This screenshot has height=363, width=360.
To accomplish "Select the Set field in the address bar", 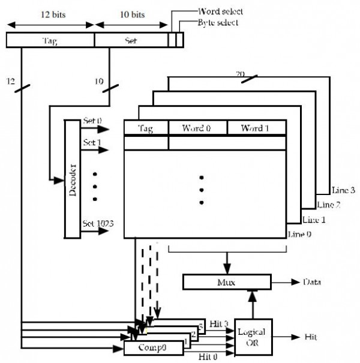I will coord(130,40).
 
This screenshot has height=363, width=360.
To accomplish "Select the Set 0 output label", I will coord(93,121).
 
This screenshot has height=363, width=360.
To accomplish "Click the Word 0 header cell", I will coord(197,128).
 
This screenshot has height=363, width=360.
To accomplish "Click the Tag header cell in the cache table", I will coord(146,128).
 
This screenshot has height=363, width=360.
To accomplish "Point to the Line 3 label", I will coord(343,190).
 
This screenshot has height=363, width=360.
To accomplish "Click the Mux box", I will coord(227,280).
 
